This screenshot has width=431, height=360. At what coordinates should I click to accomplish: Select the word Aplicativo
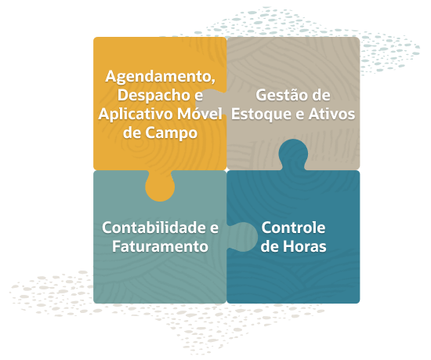point(136,115)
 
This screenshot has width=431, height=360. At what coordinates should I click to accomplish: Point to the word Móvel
point(200,114)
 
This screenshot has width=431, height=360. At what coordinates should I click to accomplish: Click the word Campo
point(172,133)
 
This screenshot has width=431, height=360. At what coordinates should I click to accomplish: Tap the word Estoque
point(261,115)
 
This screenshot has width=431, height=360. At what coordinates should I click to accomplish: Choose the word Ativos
point(331,115)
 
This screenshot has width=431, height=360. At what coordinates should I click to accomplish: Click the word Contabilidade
point(154,227)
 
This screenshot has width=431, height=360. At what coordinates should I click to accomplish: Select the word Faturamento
point(160,246)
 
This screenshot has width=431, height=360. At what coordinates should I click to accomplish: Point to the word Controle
point(293,227)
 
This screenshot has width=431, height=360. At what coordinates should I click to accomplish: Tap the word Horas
point(305,246)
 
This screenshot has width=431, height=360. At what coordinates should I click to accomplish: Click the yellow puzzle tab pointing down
point(160,187)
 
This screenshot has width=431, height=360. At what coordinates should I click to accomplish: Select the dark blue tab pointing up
point(293,154)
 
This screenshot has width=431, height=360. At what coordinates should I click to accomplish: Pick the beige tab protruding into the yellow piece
point(211,102)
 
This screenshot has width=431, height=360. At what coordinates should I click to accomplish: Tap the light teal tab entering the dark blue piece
point(243,237)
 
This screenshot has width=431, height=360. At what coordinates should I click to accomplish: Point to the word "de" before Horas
point(270,246)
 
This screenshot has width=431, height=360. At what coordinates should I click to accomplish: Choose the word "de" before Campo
point(132,133)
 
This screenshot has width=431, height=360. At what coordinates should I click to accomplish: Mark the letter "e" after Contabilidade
point(215,229)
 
